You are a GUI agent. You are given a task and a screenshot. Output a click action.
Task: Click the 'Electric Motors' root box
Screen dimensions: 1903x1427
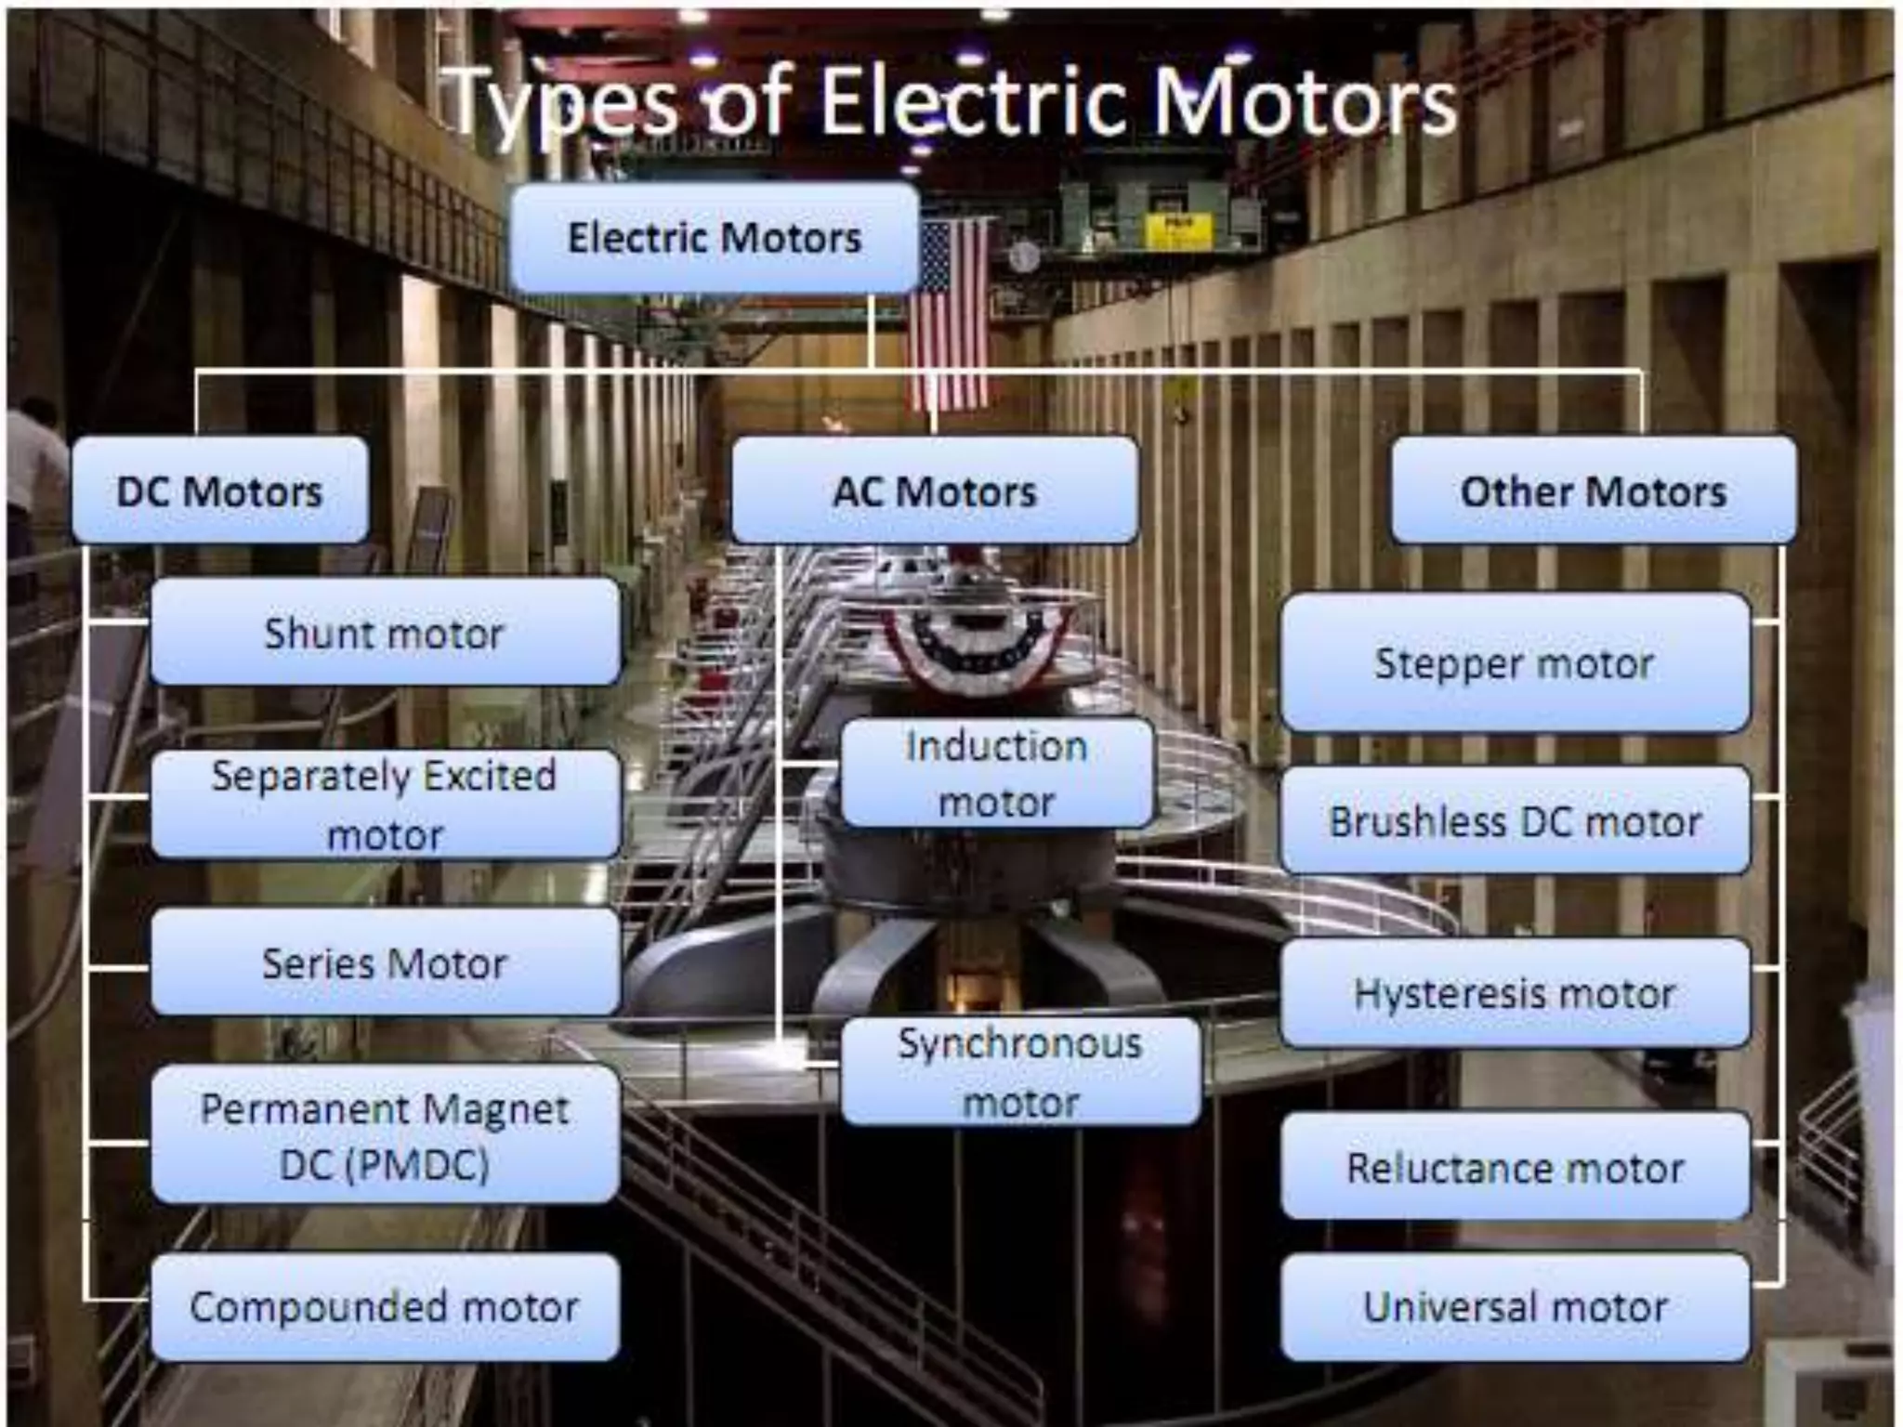(714, 238)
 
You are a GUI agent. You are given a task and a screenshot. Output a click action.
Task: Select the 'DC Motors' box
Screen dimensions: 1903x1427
(220, 491)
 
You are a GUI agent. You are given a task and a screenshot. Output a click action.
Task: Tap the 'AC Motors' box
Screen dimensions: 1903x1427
(934, 491)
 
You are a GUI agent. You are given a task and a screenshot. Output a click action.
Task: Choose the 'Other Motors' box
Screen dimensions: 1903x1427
(1593, 491)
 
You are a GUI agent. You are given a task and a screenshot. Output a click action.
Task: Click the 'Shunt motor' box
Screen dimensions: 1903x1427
(385, 634)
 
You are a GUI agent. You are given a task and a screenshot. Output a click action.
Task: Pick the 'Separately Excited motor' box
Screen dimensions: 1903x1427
(385, 805)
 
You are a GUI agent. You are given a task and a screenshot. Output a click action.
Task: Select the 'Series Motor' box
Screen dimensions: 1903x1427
(385, 963)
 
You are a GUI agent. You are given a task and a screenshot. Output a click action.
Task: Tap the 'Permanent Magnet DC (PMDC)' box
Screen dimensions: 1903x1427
(385, 1135)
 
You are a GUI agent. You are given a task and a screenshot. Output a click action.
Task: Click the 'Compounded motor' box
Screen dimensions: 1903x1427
(385, 1307)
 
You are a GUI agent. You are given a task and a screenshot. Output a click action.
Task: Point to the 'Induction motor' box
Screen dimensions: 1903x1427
(996, 773)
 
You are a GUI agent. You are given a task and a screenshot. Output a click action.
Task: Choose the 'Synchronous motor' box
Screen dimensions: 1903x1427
(1020, 1072)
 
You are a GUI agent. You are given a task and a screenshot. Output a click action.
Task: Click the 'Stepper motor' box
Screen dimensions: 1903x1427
(1515, 663)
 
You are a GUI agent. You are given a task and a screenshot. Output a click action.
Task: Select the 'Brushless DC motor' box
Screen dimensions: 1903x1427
(1515, 821)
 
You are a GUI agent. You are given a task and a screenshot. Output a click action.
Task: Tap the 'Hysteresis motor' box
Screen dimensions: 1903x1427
(1515, 993)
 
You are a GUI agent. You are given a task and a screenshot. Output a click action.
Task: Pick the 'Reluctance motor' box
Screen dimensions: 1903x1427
(1515, 1168)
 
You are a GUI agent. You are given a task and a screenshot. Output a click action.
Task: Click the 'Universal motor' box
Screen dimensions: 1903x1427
(1515, 1307)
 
